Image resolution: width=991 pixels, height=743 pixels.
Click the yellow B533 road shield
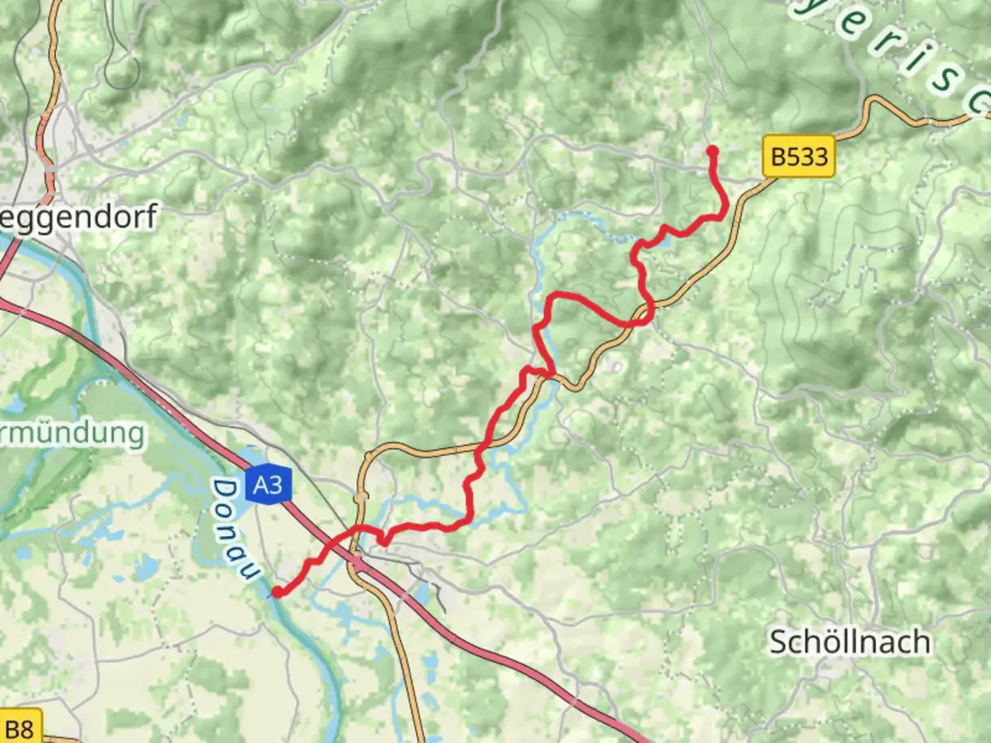[798, 157]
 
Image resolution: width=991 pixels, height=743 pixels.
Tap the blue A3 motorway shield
[268, 485]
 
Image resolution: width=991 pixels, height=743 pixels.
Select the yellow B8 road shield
[19, 729]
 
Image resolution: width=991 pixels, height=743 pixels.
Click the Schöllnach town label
[850, 642]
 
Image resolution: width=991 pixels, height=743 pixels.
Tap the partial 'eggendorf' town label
[77, 217]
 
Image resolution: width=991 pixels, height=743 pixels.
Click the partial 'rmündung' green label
[72, 433]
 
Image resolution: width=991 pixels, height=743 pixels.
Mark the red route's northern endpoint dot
[712, 151]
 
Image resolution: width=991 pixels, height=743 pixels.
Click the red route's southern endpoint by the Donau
[277, 591]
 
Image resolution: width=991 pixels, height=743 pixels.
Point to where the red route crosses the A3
[329, 544]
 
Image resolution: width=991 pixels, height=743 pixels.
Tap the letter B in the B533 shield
[778, 157]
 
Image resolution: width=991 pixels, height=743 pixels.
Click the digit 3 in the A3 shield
[276, 485]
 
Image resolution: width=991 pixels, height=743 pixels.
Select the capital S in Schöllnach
[778, 642]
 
